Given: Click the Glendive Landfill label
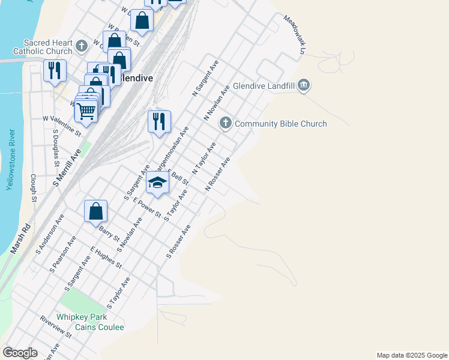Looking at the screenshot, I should coord(264,86).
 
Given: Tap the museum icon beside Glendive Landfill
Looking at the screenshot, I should coord(303,86).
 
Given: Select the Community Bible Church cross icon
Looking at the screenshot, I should coord(226,124).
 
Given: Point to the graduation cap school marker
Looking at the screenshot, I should coord(157,182).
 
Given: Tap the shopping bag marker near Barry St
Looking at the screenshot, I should coord(95,211).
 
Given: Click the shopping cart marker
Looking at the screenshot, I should coord(86,110).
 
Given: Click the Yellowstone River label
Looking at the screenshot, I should coord(10,161).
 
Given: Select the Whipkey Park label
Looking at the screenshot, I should coord(82,317).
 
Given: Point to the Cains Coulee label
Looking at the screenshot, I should coord(99,327).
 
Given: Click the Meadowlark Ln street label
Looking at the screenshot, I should coord(295,35).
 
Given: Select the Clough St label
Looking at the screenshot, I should coord(34,188).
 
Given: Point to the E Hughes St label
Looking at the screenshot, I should coord(106,257).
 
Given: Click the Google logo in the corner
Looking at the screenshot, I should coord(20,353).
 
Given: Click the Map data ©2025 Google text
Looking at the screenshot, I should coord(411,355).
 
